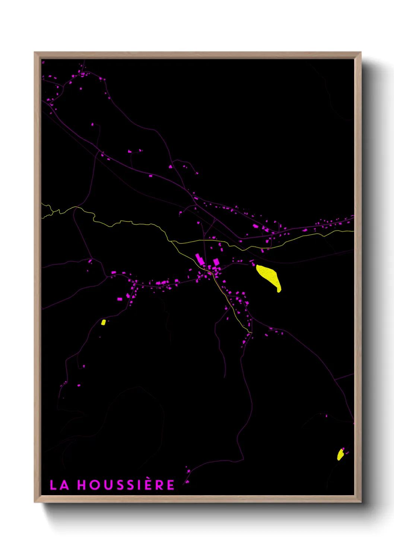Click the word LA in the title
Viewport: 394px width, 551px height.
coord(59,485)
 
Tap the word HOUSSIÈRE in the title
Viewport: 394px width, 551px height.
coord(126,485)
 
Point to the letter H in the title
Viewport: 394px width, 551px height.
coord(82,485)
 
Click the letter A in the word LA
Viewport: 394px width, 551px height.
coord(64,485)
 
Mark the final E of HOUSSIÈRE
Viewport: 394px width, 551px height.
coord(171,485)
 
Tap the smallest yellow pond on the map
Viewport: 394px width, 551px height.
coord(104,322)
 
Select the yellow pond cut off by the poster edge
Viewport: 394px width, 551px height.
coord(340,455)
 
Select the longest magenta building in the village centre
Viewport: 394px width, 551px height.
coord(200,259)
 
